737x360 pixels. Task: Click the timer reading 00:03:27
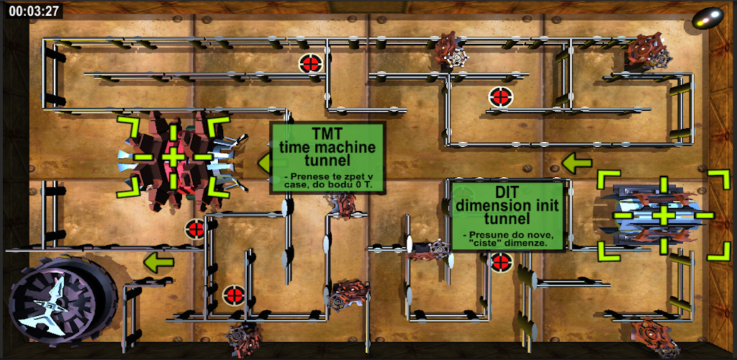tap(33, 11)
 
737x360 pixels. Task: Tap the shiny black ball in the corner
tap(707, 18)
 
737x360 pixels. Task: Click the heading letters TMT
tap(327, 133)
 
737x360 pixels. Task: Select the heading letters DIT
tap(507, 193)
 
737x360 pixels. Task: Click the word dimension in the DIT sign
tap(492, 205)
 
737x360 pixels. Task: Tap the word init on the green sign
tap(545, 205)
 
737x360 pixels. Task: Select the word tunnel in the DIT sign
tap(507, 219)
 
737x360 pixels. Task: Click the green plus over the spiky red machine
tap(173, 157)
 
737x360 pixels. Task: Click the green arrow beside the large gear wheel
tap(158, 262)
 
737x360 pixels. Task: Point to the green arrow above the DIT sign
tap(577, 163)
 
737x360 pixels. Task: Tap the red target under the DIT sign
tap(501, 262)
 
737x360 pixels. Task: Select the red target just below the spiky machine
tap(196, 230)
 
